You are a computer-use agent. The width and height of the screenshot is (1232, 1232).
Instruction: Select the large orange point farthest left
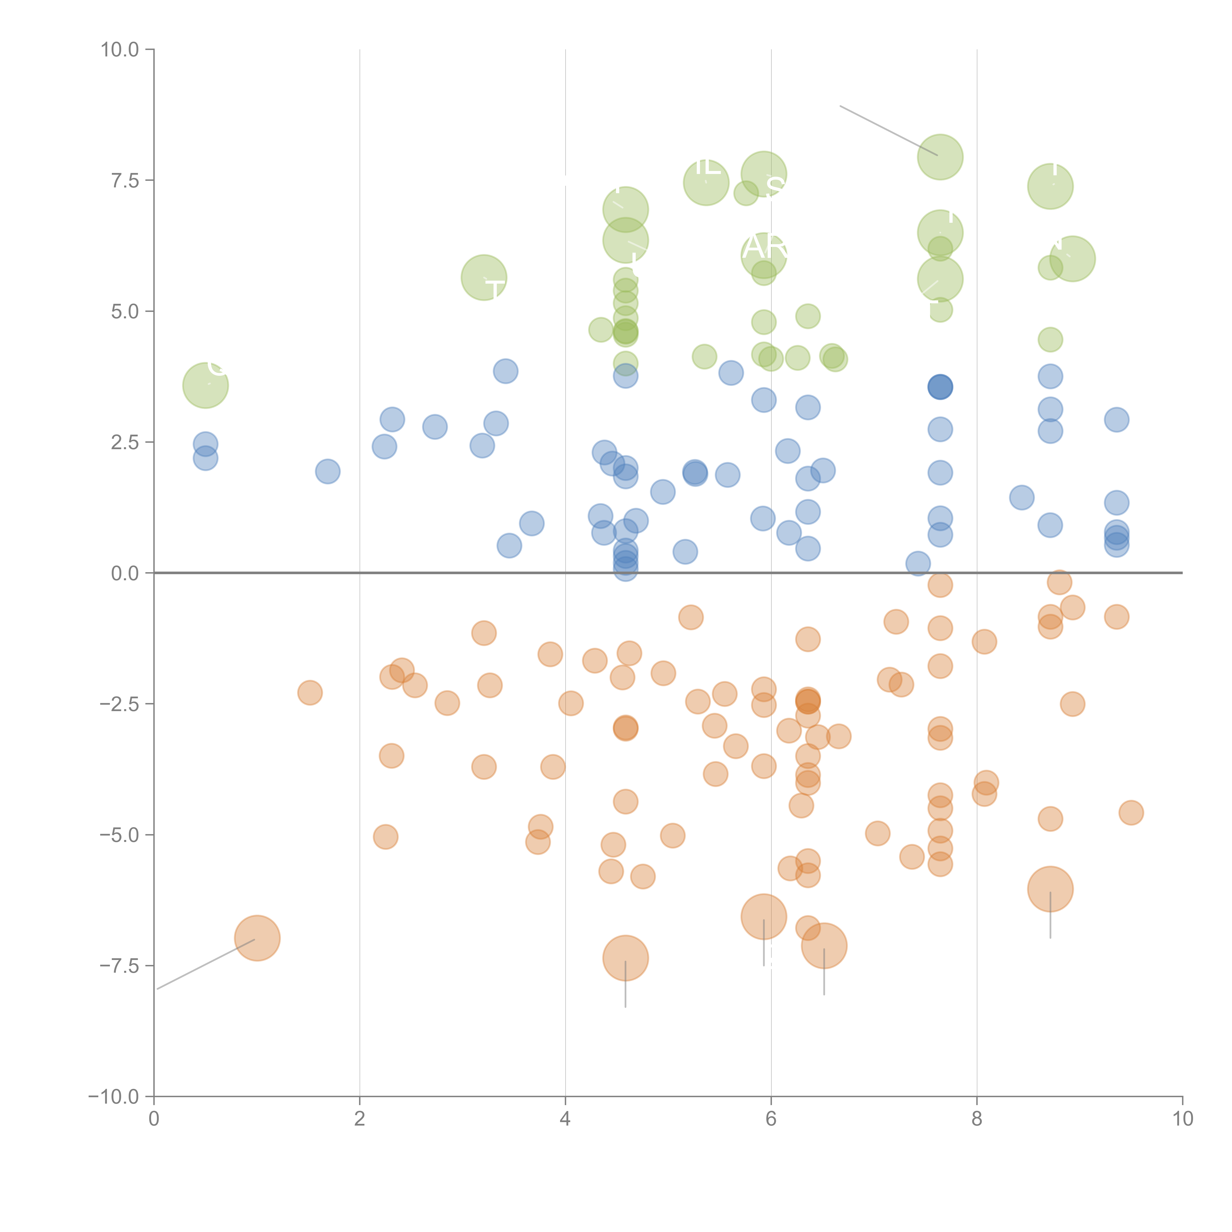[x=257, y=938]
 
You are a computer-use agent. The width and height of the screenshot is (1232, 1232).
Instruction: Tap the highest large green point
[x=940, y=157]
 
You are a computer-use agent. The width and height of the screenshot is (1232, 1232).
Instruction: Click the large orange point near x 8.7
[x=1050, y=889]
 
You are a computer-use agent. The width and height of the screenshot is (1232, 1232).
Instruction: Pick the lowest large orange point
[x=626, y=958]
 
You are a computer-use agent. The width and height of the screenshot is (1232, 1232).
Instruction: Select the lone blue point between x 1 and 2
[x=328, y=471]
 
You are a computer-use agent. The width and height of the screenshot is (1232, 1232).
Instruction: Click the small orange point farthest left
[x=310, y=693]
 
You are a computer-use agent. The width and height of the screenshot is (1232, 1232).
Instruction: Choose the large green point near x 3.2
[x=484, y=277]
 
